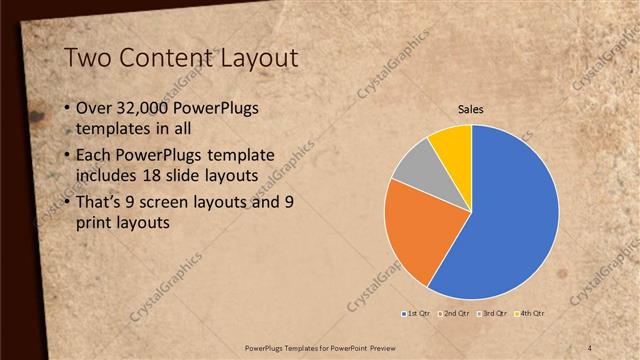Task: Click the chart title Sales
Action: (471, 109)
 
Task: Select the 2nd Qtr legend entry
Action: (455, 314)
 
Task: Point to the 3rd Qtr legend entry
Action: (493, 314)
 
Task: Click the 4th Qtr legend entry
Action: (530, 314)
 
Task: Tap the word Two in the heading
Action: (88, 60)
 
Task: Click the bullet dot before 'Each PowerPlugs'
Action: (66, 155)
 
